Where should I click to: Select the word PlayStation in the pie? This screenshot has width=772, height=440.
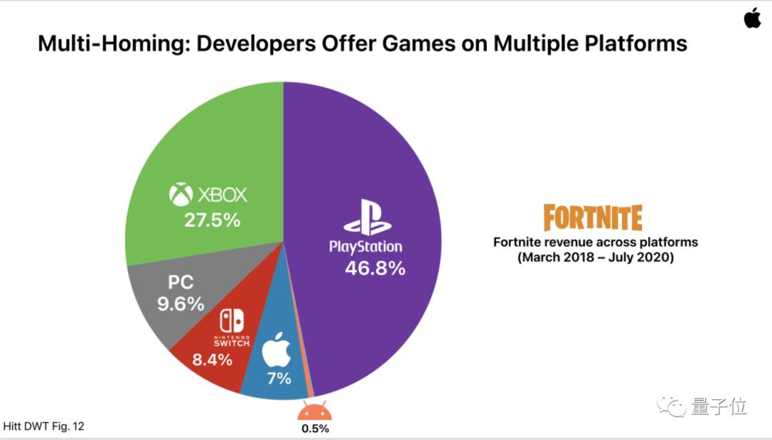click(x=365, y=247)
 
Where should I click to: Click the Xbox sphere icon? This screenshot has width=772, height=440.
click(x=181, y=194)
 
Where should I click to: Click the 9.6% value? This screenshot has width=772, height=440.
click(x=181, y=304)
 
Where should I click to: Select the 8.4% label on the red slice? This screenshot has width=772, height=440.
click(x=212, y=359)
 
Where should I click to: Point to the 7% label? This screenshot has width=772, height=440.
click(x=278, y=378)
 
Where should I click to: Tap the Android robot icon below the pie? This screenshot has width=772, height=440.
click(x=314, y=411)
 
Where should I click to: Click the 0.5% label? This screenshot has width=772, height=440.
click(x=314, y=429)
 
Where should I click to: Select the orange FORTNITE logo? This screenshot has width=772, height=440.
click(x=593, y=217)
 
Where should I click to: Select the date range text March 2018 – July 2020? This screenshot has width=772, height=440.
click(x=595, y=258)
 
